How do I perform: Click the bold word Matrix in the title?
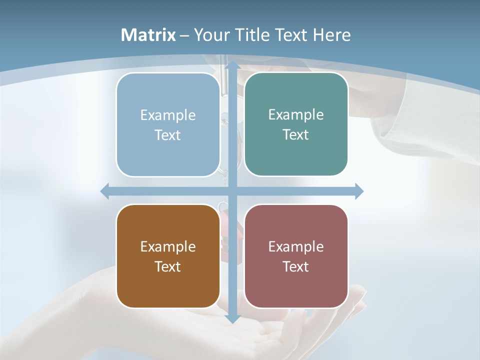tap(148, 35)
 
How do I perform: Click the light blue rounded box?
tap(168, 124)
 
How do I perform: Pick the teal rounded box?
tap(296, 124)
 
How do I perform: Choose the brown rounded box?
tap(168, 256)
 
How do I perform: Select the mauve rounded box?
tap(296, 256)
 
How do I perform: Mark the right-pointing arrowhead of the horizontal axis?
tap(358, 191)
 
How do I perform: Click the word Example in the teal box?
tap(296, 114)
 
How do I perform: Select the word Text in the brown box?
tap(167, 266)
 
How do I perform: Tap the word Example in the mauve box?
tap(296, 246)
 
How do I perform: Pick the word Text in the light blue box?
tap(167, 135)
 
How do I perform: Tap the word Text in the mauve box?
tap(296, 266)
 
